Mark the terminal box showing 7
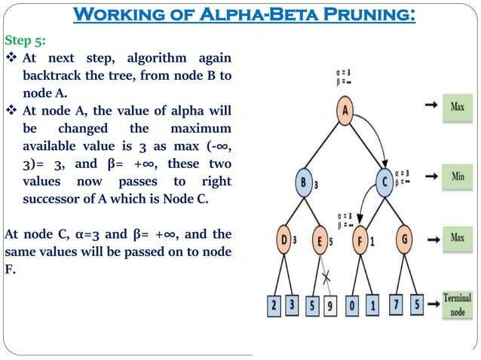[x=397, y=307]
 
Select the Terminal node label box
[x=457, y=304]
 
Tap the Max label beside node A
[x=457, y=106]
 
